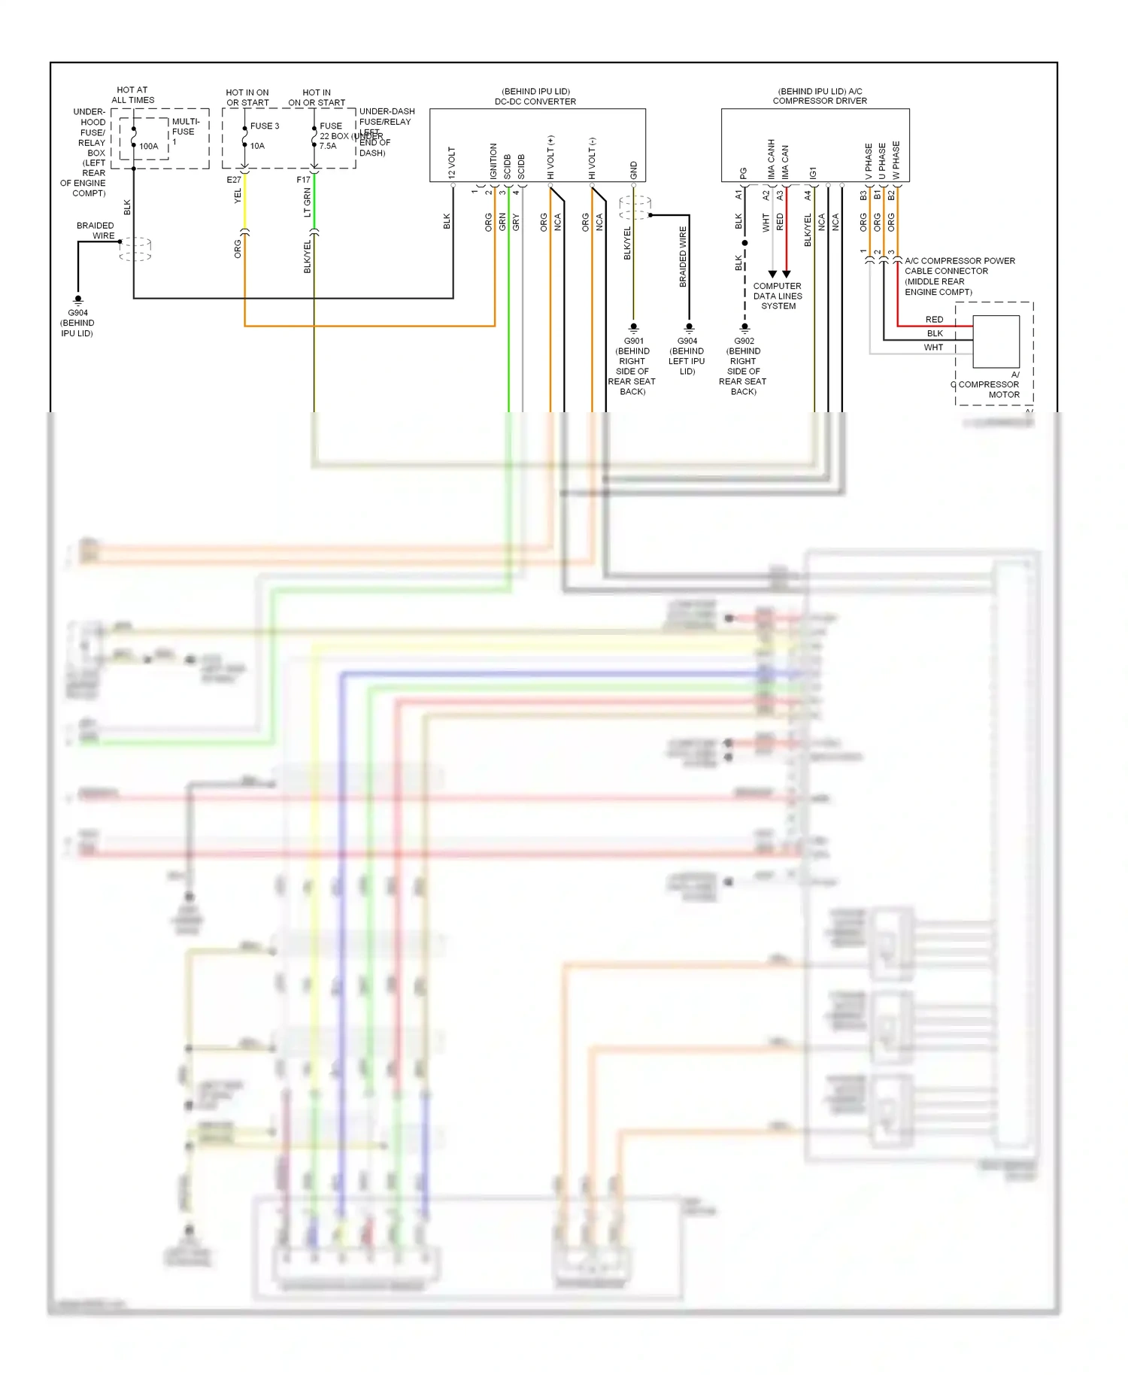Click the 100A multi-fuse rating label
click(x=149, y=146)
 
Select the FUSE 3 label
click(x=265, y=126)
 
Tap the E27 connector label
click(x=234, y=180)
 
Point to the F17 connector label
click(x=303, y=180)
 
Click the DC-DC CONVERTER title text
click(x=535, y=102)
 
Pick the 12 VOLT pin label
click(x=452, y=162)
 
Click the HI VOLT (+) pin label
click(x=550, y=157)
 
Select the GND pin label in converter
click(x=634, y=170)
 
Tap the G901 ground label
click(x=634, y=341)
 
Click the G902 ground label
click(x=744, y=341)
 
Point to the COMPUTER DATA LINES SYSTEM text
click(x=778, y=296)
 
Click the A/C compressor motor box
click(x=996, y=341)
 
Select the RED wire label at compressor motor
click(x=934, y=320)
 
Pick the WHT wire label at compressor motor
click(x=933, y=348)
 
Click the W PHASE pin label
click(x=896, y=160)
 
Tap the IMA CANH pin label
click(x=771, y=159)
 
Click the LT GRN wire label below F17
click(x=308, y=203)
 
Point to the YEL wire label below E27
click(x=238, y=196)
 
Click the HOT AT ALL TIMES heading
click(x=132, y=95)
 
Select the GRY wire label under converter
click(x=516, y=222)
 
